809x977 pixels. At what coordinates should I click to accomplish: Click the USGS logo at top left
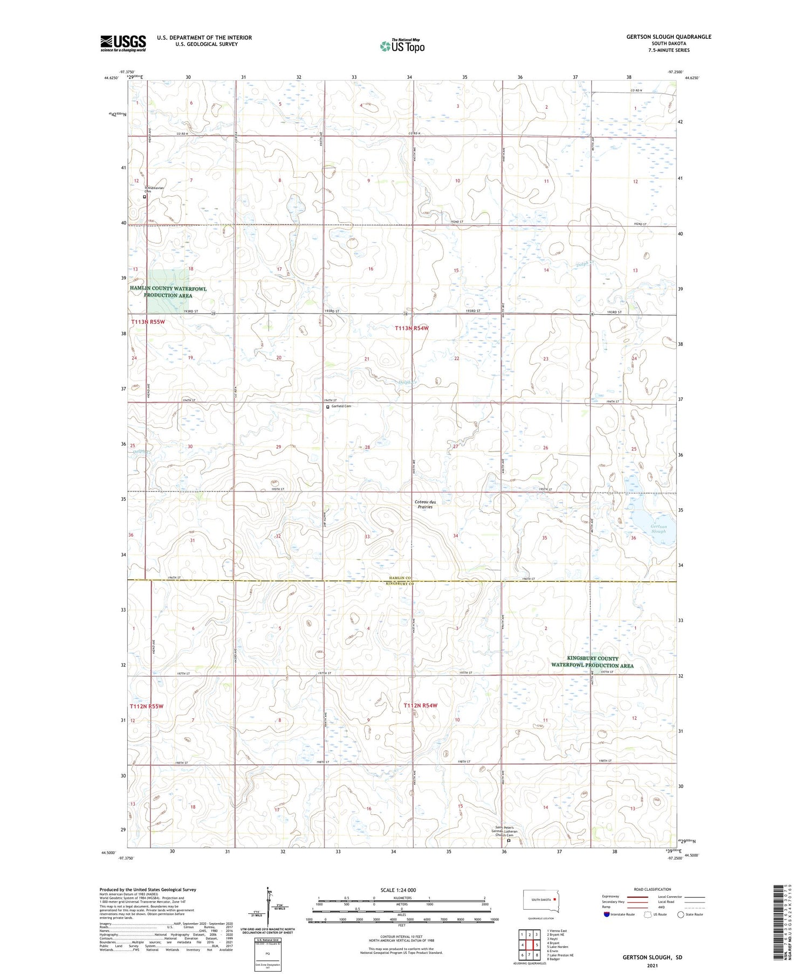tap(123, 43)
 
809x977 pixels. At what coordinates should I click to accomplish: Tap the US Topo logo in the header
tap(402, 46)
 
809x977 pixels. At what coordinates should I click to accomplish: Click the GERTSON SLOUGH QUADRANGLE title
tap(668, 37)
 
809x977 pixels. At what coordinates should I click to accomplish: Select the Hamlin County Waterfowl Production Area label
tap(168, 292)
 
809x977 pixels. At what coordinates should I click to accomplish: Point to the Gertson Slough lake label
tap(658, 529)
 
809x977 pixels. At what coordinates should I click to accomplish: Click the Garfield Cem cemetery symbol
tap(328, 407)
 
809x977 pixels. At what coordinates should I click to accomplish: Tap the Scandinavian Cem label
tap(153, 189)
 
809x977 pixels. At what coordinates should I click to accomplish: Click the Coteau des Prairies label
tap(424, 504)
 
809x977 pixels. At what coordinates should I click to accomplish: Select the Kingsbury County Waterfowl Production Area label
tap(592, 662)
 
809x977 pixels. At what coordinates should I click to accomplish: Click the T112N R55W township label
tap(146, 706)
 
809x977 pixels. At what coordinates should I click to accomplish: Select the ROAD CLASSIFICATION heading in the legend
tap(652, 889)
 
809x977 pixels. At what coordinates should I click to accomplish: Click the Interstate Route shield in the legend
tap(607, 914)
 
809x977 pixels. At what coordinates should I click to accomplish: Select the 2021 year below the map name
tap(652, 965)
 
